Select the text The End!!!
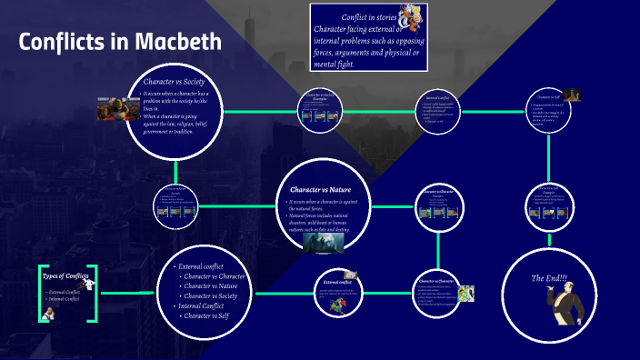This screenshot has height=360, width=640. tap(548, 277)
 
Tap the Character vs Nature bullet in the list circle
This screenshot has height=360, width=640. tap(214, 285)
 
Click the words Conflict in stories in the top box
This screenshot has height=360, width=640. tap(373, 17)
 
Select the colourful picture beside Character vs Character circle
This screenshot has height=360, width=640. tap(465, 293)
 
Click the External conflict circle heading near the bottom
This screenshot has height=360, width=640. tap(337, 283)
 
